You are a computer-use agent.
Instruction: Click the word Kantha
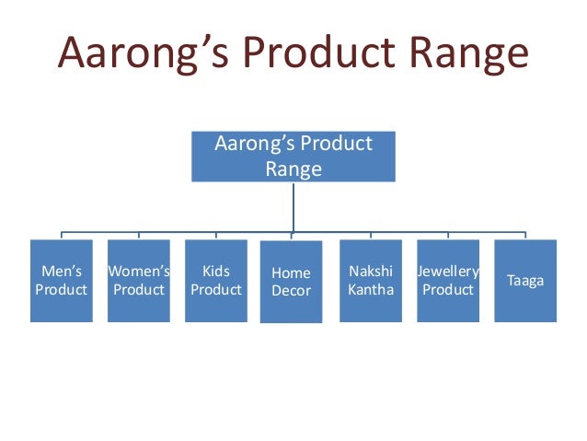[x=371, y=289]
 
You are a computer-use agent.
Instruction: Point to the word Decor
[x=291, y=291]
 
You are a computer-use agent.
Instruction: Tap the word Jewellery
[x=448, y=272]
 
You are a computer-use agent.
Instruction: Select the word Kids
[x=215, y=272]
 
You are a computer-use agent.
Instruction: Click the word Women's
[x=138, y=272]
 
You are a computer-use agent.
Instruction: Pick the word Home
[x=291, y=273]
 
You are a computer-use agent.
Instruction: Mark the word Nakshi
[x=371, y=272]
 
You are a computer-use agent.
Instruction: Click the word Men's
[x=61, y=272]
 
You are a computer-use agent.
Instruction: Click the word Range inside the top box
[x=293, y=168]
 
